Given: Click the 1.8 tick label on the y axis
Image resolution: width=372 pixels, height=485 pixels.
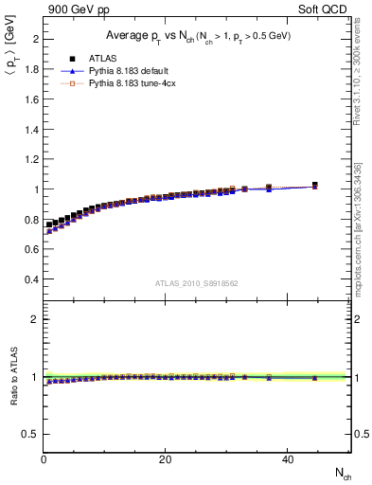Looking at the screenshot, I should point(30,69).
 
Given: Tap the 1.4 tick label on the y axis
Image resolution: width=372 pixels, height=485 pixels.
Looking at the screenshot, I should point(30,129).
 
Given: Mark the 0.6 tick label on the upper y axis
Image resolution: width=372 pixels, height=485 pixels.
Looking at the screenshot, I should point(30,250).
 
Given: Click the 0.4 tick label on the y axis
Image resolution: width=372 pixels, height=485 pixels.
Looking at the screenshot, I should point(30,280).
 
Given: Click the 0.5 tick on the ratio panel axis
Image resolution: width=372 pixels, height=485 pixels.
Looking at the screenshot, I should point(30,434).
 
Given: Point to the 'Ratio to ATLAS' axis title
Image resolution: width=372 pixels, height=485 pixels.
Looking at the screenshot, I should point(12,376).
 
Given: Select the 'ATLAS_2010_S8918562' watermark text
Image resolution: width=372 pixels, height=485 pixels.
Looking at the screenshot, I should point(197,283).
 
